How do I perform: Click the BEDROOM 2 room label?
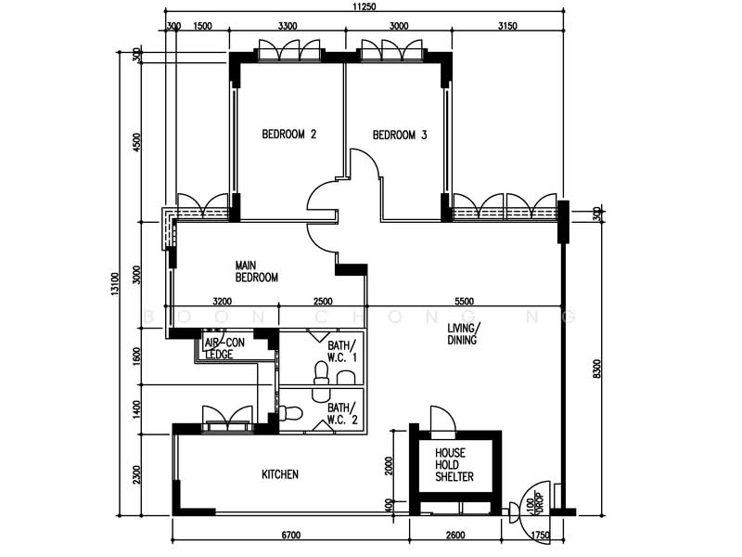tap(288, 135)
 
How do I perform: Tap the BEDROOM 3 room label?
tap(400, 135)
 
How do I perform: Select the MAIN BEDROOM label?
tap(256, 271)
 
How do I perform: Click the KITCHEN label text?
tap(279, 474)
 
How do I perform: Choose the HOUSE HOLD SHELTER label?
tap(454, 465)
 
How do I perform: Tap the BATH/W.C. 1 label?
tap(341, 351)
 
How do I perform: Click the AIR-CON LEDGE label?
tap(224, 347)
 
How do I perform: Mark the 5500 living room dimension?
tap(464, 301)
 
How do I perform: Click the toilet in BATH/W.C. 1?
tap(321, 373)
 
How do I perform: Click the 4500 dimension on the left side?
tap(137, 142)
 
